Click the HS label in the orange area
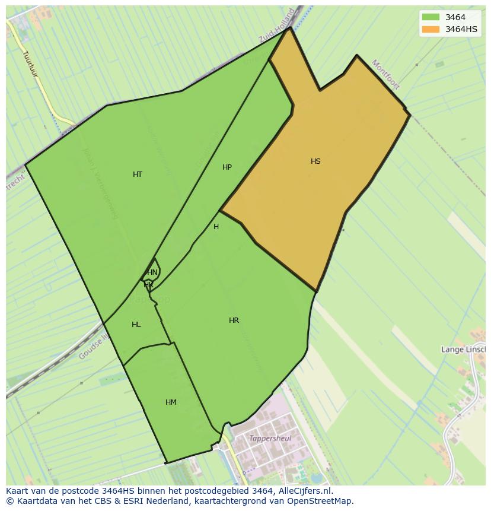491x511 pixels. [315, 161]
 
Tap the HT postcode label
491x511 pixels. [138, 174]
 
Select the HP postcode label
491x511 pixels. [227, 167]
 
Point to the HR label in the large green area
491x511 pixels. [234, 320]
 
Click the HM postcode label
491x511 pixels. [171, 402]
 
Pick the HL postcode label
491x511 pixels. [136, 325]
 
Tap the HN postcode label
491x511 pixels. [152, 272]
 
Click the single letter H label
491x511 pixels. [216, 227]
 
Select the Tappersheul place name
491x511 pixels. [270, 439]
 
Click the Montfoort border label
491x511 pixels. [385, 75]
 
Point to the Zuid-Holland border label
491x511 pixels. [276, 26]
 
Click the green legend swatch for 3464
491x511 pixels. [431, 17]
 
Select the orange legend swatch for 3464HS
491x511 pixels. [431, 29]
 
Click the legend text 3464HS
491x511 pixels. [461, 29]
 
